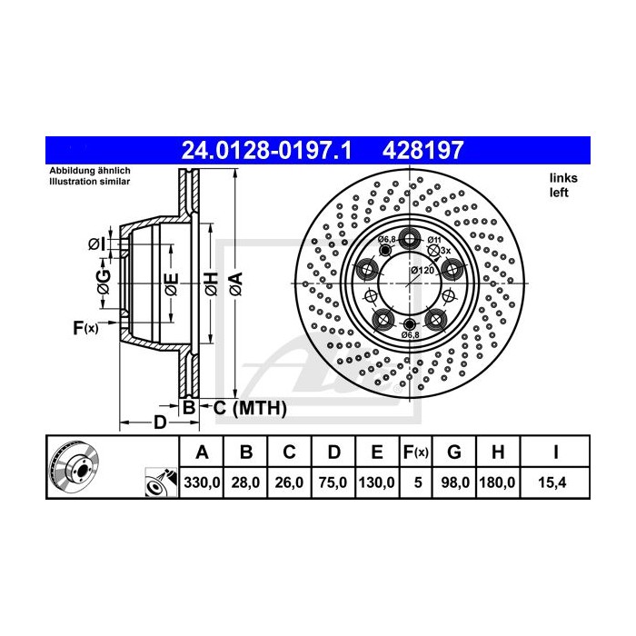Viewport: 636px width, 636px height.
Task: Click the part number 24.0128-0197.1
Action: point(266,150)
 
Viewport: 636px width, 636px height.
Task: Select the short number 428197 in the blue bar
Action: point(422,150)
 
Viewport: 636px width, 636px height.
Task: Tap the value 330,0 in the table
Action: point(202,482)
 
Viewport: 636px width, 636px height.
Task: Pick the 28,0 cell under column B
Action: point(245,482)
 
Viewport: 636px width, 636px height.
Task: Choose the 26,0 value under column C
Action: point(289,482)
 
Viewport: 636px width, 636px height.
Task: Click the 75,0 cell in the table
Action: point(333,482)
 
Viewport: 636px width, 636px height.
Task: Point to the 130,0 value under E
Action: point(376,482)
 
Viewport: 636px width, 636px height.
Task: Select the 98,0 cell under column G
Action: point(454,482)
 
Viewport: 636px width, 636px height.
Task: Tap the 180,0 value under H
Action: point(497,482)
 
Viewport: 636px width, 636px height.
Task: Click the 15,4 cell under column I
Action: point(552,482)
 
